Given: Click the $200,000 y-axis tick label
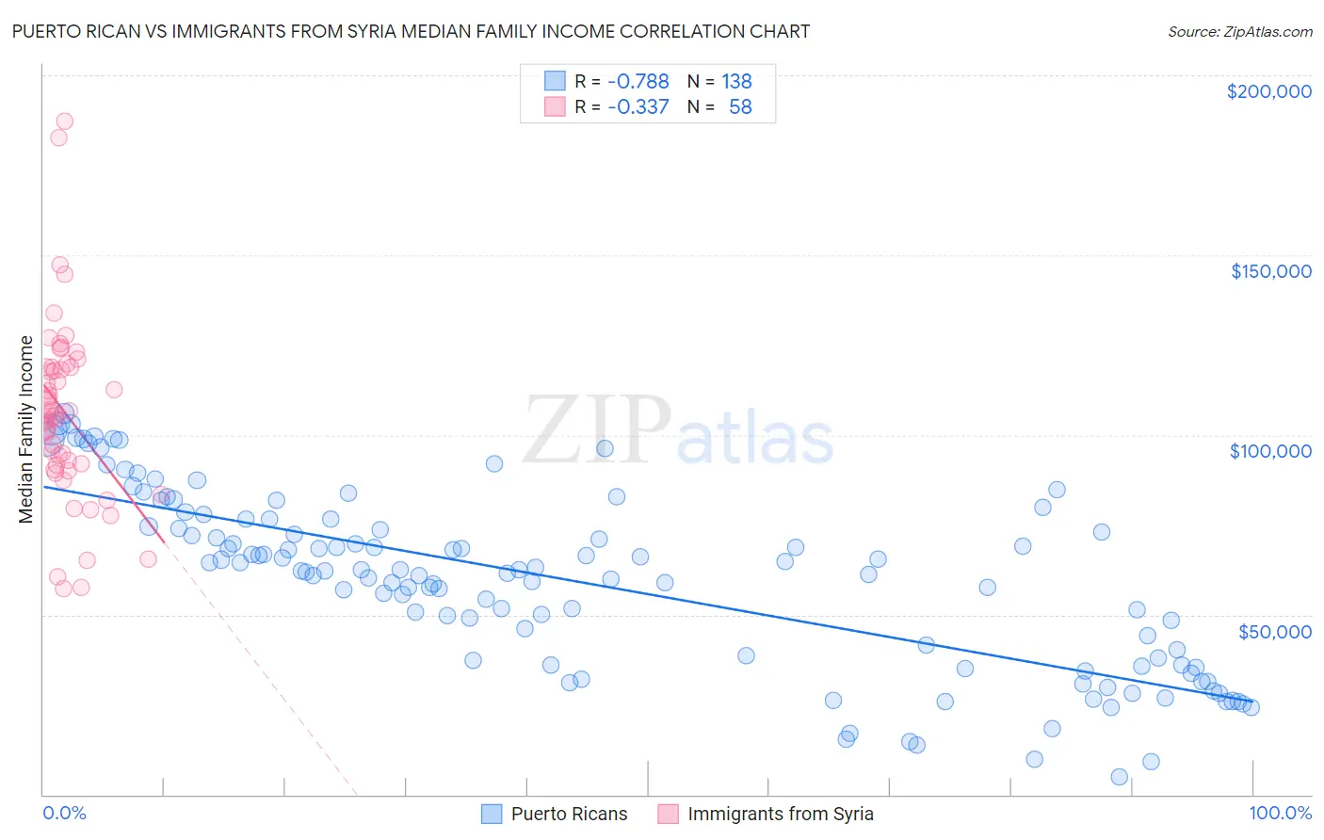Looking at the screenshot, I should click(1268, 91).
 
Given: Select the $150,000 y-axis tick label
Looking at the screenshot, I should click(1270, 271).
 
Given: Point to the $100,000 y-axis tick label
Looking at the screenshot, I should click(1270, 451).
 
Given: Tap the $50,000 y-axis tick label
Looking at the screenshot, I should click(1274, 631).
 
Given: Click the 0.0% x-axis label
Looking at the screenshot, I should click(64, 813).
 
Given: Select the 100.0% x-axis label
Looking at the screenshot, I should click(1280, 813).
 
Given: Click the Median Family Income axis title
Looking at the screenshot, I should click(26, 428).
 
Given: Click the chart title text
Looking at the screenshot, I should click(411, 31).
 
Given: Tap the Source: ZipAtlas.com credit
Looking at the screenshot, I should click(1239, 31).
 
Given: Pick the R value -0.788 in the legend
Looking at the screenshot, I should click(638, 81).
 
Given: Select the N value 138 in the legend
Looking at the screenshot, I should click(736, 81).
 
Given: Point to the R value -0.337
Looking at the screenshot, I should click(638, 106).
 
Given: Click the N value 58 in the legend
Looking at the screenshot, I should click(740, 106).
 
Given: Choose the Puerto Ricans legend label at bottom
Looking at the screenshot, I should click(569, 814).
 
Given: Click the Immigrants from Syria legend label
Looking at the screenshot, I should click(780, 814).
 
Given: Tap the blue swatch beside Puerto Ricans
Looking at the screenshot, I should click(492, 814).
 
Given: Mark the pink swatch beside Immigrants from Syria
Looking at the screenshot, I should click(668, 814).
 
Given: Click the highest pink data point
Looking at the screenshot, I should click(64, 121).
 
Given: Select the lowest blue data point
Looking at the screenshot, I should click(1119, 777).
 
